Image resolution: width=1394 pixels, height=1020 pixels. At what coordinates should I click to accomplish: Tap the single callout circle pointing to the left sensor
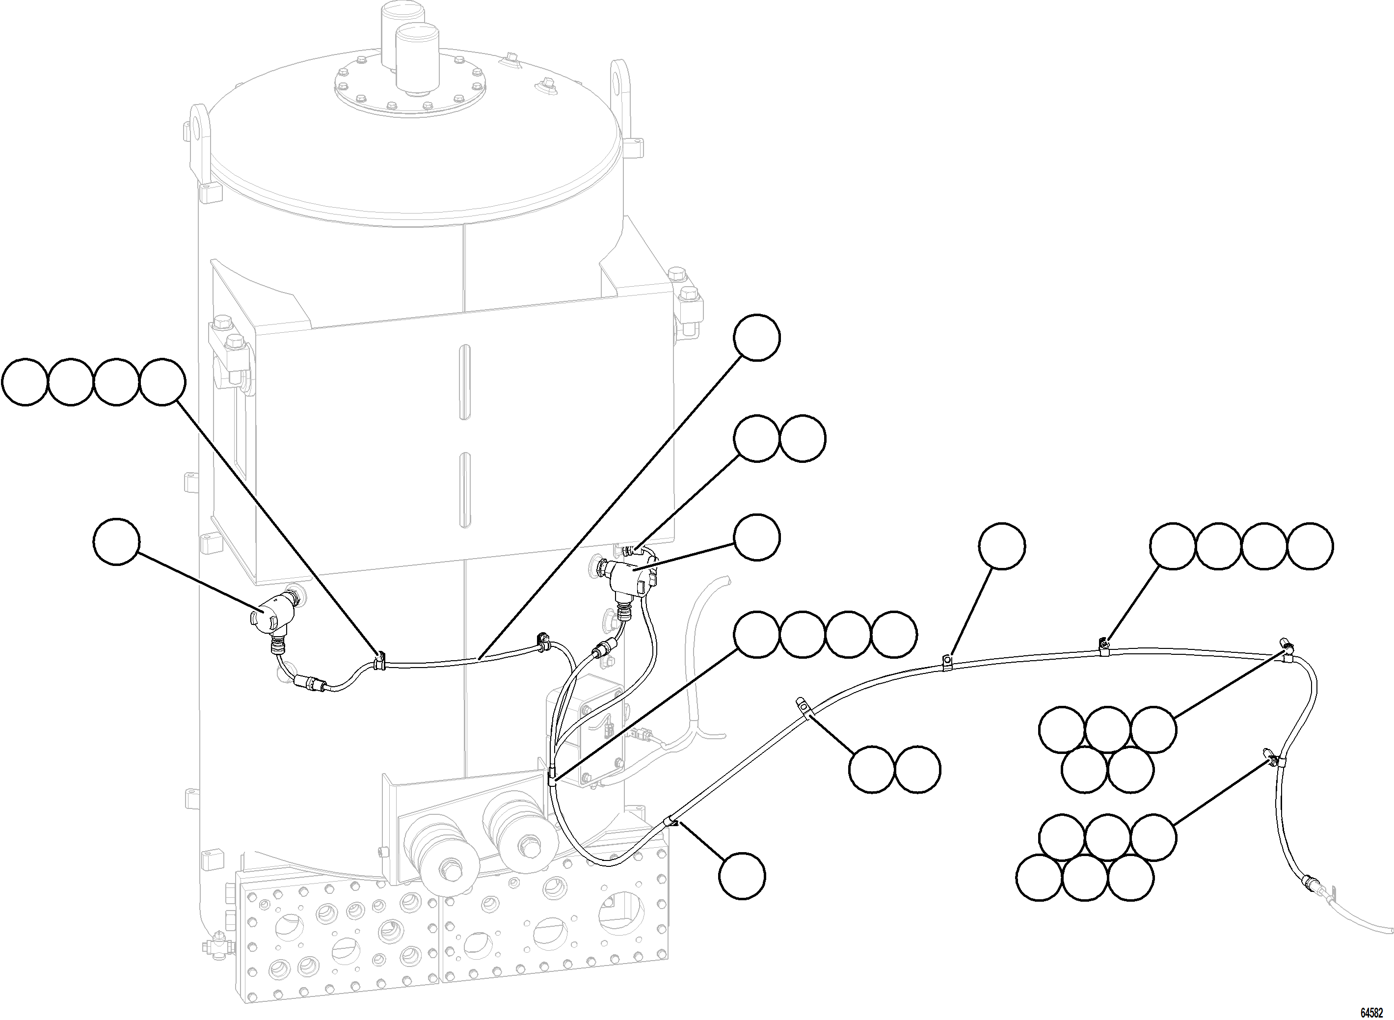point(117,541)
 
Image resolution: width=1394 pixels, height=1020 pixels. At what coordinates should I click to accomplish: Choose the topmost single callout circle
point(756,338)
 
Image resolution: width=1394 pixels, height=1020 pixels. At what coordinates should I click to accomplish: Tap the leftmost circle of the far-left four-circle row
point(25,383)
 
